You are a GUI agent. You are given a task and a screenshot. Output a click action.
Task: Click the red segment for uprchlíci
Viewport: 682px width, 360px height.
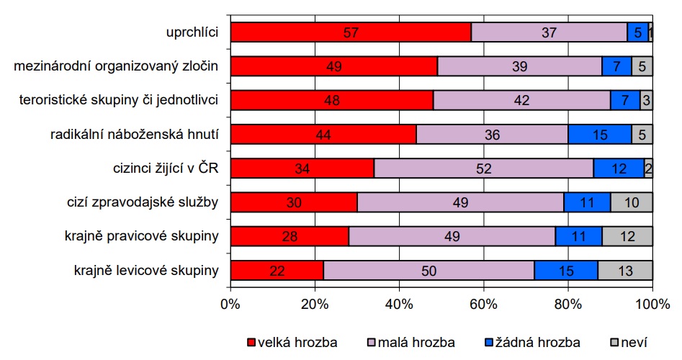pos(351,32)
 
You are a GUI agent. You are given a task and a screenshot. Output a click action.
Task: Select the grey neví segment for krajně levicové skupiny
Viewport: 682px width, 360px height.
pos(625,270)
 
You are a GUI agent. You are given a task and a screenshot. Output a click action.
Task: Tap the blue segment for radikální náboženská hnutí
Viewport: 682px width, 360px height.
pos(600,134)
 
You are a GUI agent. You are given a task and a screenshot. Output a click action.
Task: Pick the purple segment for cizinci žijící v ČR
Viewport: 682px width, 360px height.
pos(484,168)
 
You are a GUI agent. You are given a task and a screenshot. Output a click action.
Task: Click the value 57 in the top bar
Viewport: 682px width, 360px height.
pos(351,32)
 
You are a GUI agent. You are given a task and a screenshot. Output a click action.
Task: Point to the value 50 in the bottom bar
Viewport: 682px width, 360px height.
pos(429,270)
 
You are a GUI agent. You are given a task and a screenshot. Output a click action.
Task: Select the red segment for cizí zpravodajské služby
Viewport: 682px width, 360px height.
pos(294,202)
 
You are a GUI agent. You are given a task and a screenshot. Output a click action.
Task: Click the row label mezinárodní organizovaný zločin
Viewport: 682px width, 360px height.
pos(116,66)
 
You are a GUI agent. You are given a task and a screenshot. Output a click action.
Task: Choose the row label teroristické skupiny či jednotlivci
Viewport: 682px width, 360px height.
pos(119,100)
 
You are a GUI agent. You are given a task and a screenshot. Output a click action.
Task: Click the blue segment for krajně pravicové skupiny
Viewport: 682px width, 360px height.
pos(578,236)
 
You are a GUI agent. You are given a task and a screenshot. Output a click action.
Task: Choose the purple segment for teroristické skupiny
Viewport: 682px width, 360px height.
pos(522,100)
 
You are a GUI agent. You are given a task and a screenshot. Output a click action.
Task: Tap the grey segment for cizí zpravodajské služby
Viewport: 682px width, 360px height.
pos(632,202)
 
